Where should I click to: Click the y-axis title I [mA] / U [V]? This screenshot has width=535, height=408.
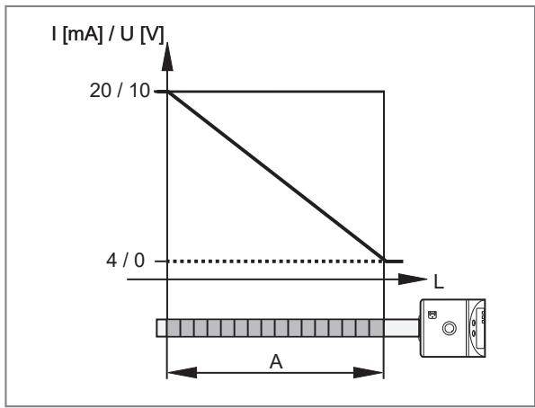pos(108,34)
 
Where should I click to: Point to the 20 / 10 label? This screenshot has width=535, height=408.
pos(120,91)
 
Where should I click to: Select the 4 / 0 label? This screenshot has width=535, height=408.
pos(125,261)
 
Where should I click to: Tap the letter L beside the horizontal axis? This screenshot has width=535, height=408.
pos(439,282)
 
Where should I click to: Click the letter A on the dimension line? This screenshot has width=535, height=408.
pos(276,362)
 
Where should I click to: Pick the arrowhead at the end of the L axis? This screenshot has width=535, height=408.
pos(413,279)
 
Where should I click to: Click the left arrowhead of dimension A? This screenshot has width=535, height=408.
pos(182,373)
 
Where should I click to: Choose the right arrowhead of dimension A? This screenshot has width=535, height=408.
pos(369,373)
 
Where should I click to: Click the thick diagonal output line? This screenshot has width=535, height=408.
pos(276,176)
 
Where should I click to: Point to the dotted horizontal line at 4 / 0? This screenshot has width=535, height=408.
pos(277,262)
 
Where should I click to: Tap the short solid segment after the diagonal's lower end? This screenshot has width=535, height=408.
pos(394,262)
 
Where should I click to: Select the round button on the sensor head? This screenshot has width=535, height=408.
pos(449,328)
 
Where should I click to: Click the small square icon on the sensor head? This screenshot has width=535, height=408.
pos(432,315)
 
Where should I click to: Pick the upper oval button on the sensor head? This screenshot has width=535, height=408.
pos(473,322)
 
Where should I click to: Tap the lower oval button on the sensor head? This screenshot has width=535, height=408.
pos(473,333)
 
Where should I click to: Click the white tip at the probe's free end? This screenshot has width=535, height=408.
pos(162,328)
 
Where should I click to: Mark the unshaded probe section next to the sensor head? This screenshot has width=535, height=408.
pos(401,328)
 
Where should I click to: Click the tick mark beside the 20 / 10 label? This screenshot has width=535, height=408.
pos(160,92)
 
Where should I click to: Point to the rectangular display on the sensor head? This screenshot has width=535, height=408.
pos(480,328)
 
